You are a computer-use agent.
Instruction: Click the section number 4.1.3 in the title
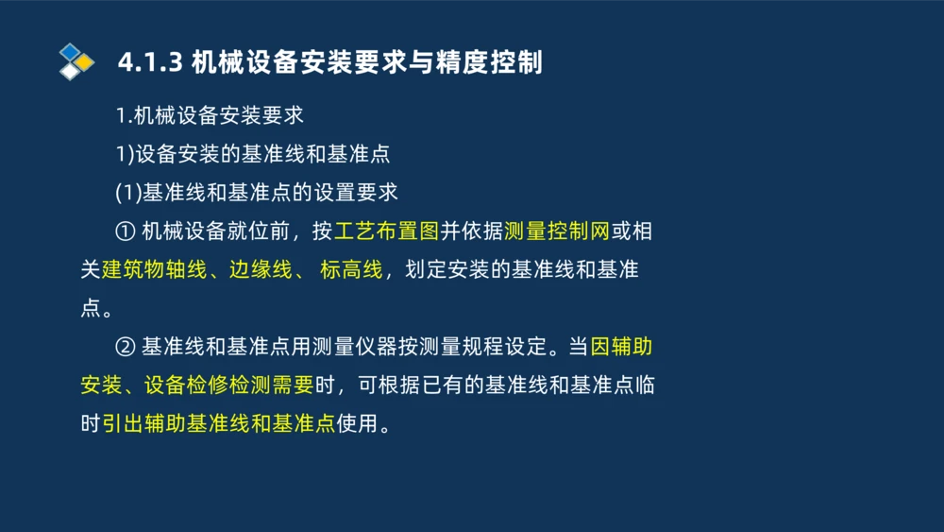coord(150,62)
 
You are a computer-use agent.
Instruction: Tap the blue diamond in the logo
coord(70,51)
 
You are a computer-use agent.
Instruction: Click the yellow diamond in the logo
coord(84,62)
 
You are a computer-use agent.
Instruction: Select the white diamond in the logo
coord(70,71)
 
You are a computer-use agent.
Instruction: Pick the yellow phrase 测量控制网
coord(557,231)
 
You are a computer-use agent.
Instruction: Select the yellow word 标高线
coord(351,270)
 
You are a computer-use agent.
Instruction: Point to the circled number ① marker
coord(126,231)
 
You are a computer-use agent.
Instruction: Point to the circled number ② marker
coord(126,347)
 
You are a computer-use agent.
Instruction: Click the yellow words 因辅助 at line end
coord(621,347)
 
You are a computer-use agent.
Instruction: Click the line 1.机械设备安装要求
coord(210,115)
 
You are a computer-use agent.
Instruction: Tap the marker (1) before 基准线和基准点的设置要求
coord(127,192)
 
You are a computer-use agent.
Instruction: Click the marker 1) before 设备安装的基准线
coord(125,153)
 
